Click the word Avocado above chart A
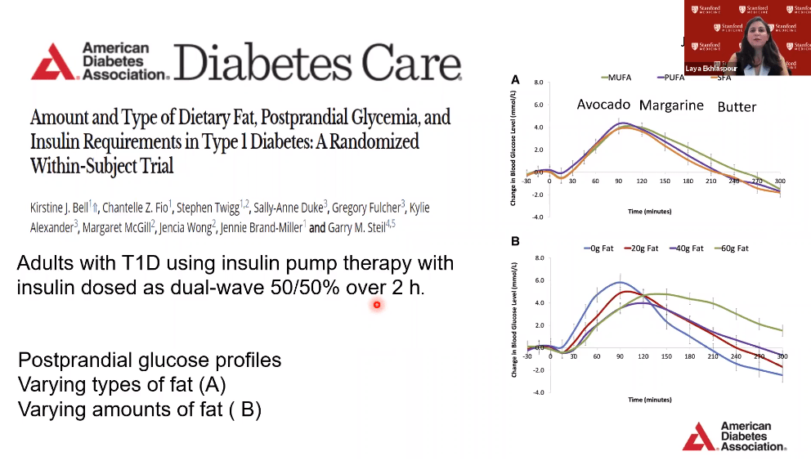[603, 105]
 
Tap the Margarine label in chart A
[671, 105]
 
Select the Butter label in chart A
[737, 107]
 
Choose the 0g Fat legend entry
[601, 248]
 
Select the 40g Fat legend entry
[687, 248]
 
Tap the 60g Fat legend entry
[732, 248]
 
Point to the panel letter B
[515, 242]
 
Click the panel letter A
[515, 79]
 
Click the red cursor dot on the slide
[377, 305]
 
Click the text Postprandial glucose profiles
[150, 360]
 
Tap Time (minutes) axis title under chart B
[650, 400]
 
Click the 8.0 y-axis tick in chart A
[539, 83]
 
